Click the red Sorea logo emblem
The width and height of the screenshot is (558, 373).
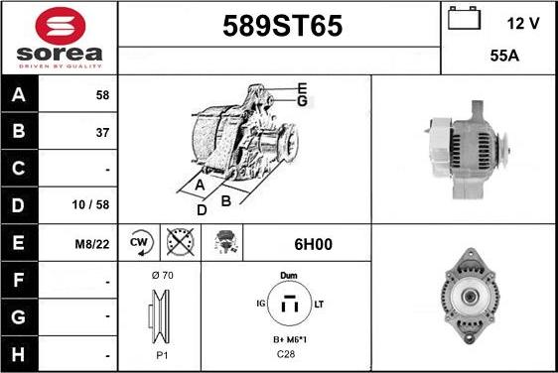(61, 26)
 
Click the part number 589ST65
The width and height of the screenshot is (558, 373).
(283, 26)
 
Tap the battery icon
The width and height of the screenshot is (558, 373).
(464, 18)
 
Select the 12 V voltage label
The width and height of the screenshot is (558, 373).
(523, 24)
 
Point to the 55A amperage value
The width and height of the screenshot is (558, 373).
(504, 56)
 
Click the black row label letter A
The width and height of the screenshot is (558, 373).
(19, 94)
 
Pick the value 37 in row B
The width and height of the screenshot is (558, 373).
(102, 133)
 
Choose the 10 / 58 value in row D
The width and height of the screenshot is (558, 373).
(90, 204)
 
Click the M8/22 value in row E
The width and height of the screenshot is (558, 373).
(92, 244)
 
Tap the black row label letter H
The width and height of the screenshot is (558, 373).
(18, 354)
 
